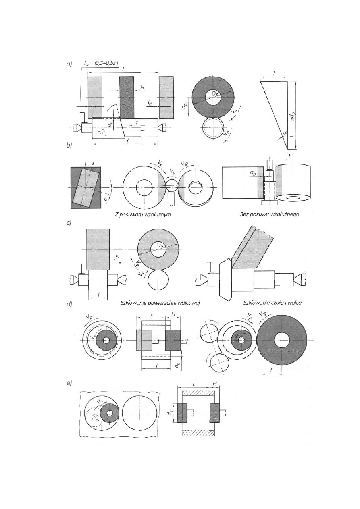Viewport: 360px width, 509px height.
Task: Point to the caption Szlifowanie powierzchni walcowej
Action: (x=160, y=303)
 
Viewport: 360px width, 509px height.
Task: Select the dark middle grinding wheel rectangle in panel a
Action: (x=127, y=97)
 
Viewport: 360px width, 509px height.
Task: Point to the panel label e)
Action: (x=69, y=384)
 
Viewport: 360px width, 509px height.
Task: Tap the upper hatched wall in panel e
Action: (x=199, y=391)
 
